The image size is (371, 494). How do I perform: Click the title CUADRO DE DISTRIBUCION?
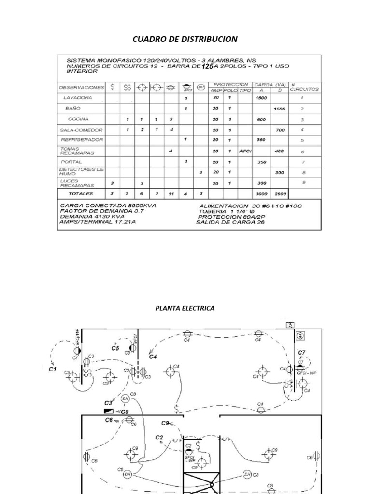click(185, 39)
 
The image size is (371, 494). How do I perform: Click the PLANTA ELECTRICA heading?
click(185, 308)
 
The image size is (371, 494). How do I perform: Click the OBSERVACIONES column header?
click(81, 88)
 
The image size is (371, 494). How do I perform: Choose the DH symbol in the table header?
click(201, 87)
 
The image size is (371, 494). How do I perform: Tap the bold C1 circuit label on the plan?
click(53, 369)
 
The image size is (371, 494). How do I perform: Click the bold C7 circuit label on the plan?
click(301, 353)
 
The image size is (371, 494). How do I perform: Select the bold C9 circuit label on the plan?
click(165, 423)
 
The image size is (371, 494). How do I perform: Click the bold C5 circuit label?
click(115, 348)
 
